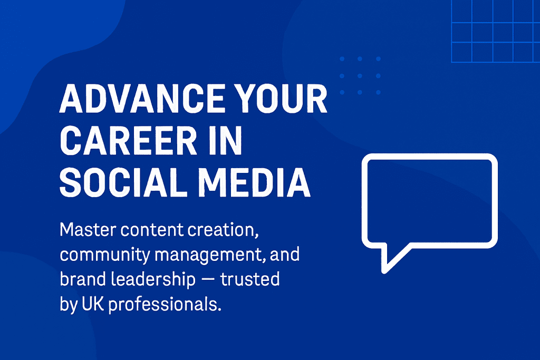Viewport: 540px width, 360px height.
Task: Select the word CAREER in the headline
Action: pos(129,141)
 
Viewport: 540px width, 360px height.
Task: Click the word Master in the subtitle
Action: pos(88,230)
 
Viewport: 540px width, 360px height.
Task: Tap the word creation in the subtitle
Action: pos(223,230)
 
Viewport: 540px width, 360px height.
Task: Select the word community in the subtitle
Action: pos(105,255)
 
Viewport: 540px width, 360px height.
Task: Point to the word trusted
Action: pos(249,279)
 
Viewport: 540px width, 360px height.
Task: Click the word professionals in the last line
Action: pos(165,305)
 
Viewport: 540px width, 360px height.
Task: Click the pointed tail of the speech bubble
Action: pos(384,270)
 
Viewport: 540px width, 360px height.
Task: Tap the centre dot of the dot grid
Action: pos(360,76)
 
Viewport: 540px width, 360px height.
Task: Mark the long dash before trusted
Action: pos(208,279)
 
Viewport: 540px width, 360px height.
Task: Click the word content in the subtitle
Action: pos(151,230)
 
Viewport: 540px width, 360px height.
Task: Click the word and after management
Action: pos(285,255)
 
